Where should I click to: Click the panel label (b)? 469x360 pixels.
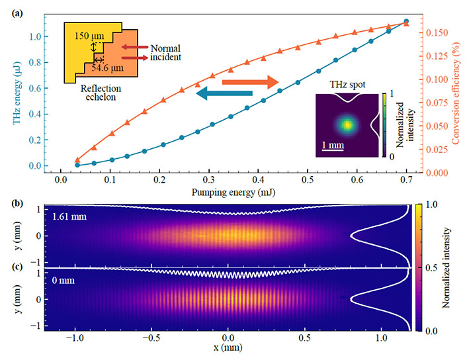click(14, 202)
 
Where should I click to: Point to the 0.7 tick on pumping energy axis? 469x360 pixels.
click(406, 179)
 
